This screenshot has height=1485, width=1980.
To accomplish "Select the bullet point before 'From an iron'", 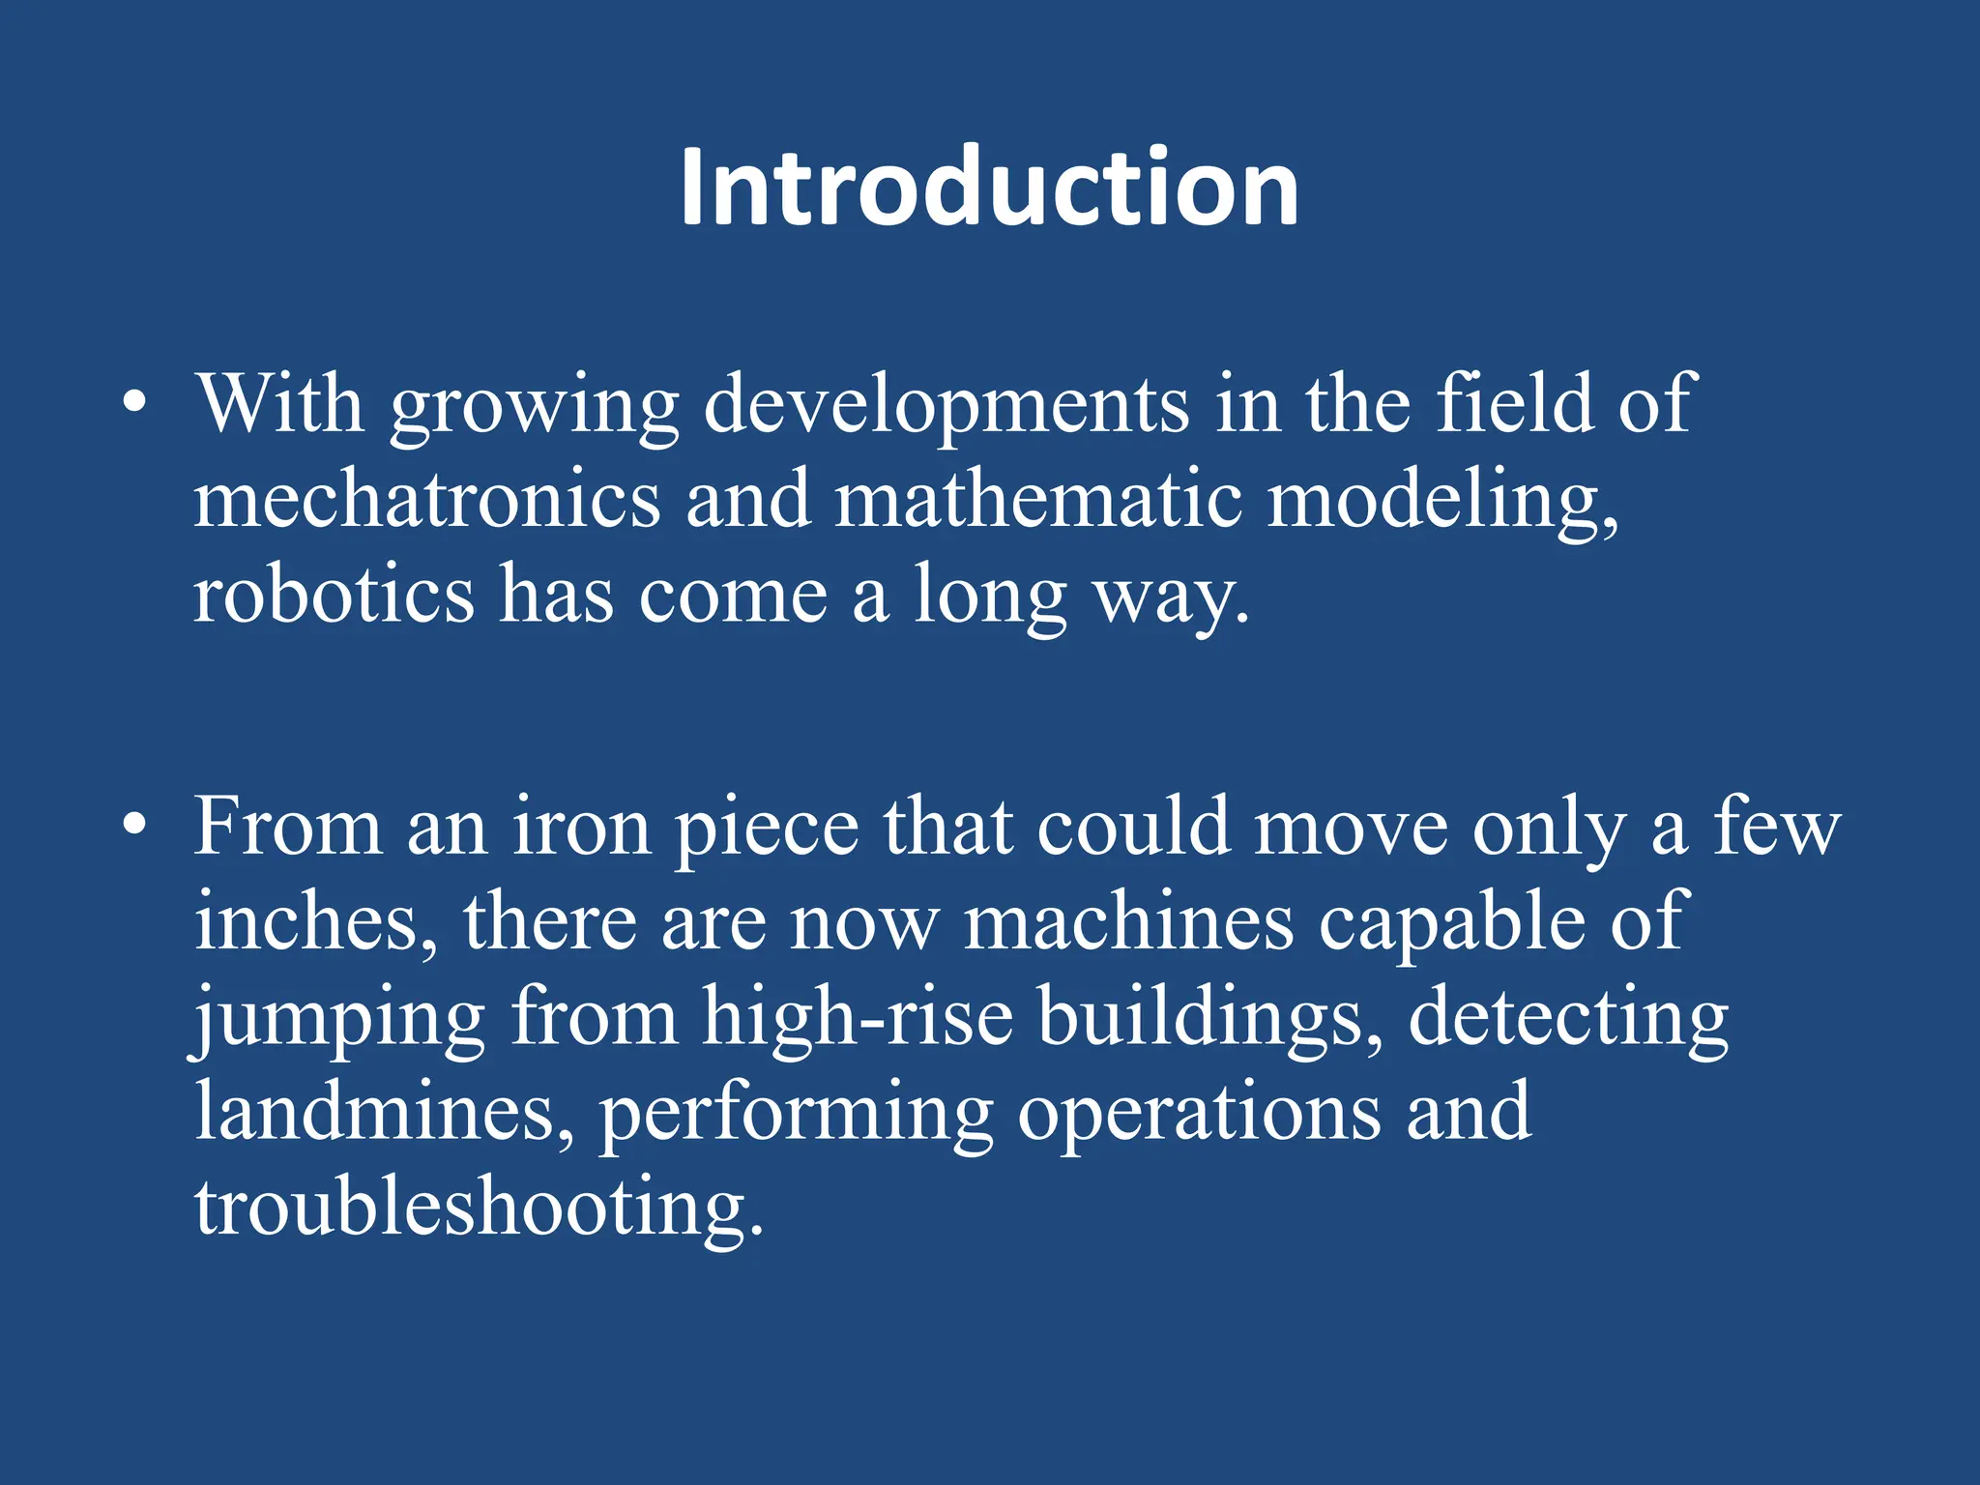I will tap(135, 824).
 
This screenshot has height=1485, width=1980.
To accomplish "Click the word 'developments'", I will tap(946, 406).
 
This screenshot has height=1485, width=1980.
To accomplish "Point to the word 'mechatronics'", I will tap(427, 500).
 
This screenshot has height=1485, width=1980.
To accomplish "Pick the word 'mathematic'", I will tap(1037, 500).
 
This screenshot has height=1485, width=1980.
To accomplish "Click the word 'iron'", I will tap(581, 828).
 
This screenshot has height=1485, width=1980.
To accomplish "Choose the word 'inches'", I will tap(314, 922).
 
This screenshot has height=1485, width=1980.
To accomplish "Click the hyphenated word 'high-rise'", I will tap(858, 1017).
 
